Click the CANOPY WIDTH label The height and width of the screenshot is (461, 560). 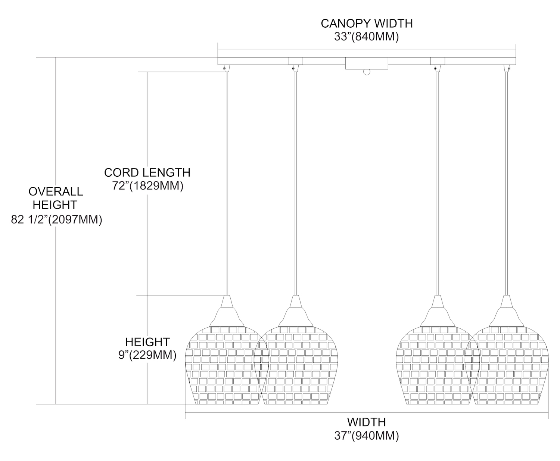click(x=367, y=23)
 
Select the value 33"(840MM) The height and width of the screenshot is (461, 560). click(x=367, y=37)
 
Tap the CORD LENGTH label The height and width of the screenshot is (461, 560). click(x=147, y=173)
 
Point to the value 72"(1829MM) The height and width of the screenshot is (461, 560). click(x=148, y=186)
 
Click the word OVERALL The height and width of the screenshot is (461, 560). click(x=56, y=192)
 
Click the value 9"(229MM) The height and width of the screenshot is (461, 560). click(x=147, y=355)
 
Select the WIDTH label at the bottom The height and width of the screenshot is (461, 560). click(x=366, y=422)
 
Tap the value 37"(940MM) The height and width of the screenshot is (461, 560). click(x=366, y=436)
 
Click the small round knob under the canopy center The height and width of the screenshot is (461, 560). click(x=367, y=72)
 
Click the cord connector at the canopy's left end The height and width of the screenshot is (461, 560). click(x=225, y=68)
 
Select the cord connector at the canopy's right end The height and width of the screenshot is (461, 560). click(x=508, y=68)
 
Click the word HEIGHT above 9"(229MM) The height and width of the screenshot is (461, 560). click(x=147, y=341)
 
